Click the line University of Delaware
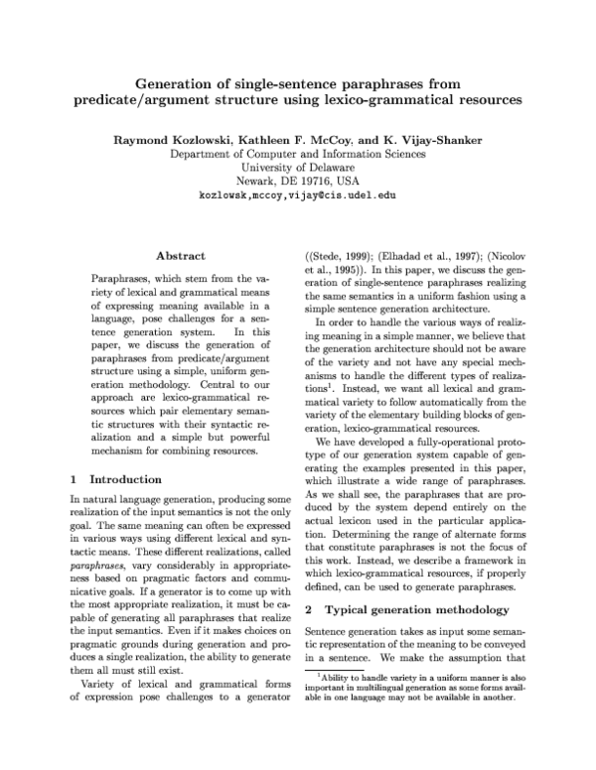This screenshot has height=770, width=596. [298, 168]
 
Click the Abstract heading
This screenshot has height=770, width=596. [181, 256]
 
